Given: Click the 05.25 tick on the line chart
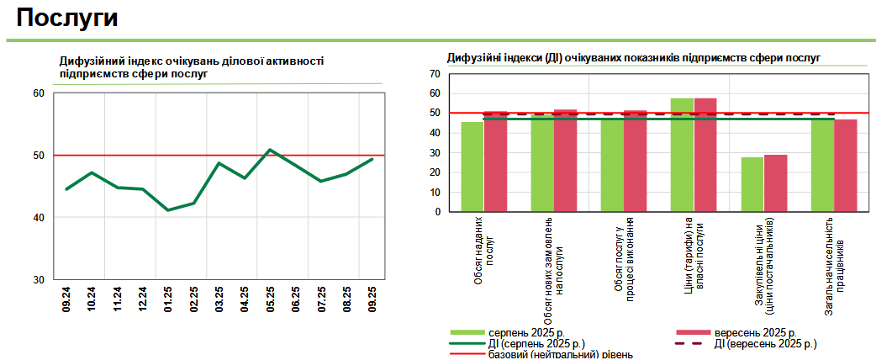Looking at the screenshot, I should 271,299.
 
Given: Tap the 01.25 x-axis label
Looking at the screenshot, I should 168,299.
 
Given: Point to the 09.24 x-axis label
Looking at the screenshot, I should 66,299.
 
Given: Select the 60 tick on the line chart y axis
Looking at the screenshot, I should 39,93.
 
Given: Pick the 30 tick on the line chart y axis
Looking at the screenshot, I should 39,280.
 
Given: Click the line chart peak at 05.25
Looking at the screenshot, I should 270,150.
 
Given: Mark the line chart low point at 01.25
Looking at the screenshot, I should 168,210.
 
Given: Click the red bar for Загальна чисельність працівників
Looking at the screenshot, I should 845,166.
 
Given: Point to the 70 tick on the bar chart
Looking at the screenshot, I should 435,74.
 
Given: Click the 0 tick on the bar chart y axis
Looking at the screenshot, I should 438,212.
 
